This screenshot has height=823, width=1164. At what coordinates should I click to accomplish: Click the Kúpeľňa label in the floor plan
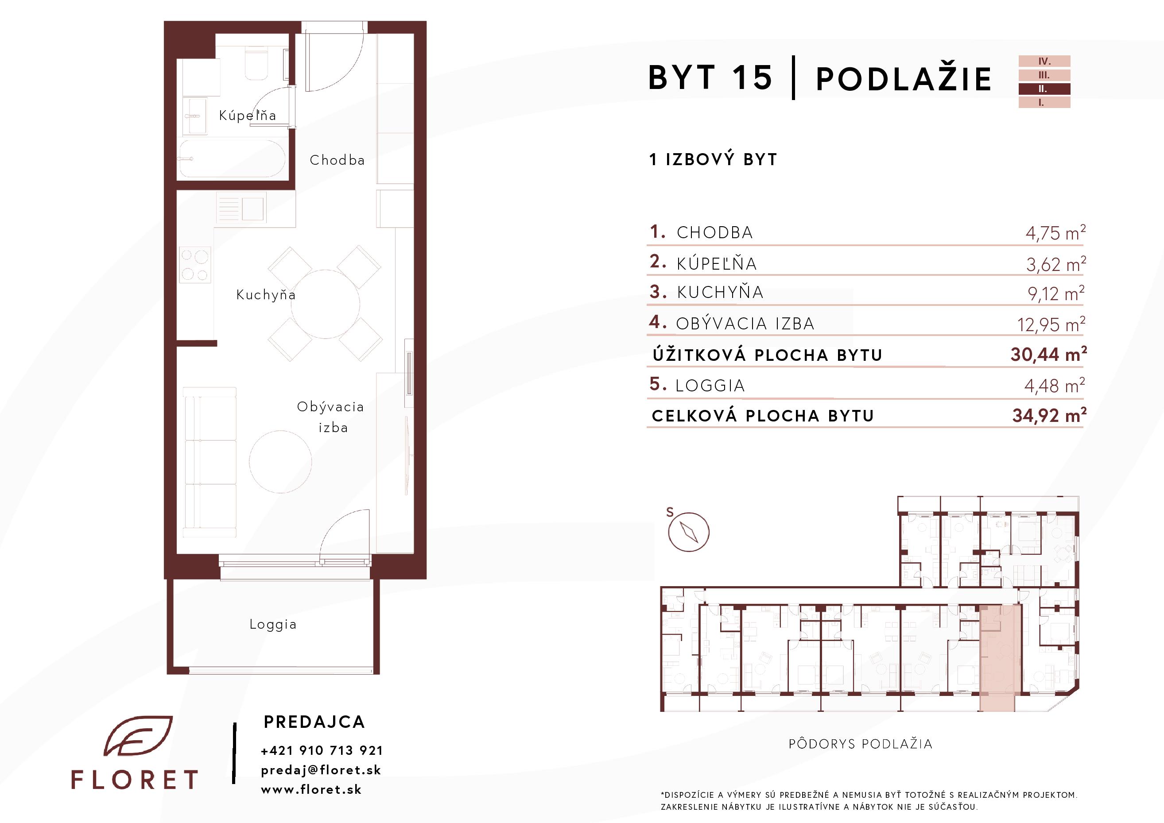point(248,116)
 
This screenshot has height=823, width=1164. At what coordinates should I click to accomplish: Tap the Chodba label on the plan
point(337,160)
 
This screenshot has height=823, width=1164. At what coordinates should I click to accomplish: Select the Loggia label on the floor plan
point(273,624)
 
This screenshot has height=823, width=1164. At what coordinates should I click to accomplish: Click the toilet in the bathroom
point(256,64)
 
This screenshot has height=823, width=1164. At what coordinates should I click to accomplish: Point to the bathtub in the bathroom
point(232,158)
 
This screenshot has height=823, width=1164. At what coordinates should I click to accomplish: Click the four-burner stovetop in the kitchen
point(195,265)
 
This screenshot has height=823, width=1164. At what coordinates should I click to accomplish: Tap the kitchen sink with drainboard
point(241,208)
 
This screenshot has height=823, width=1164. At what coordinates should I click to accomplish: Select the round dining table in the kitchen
point(326,304)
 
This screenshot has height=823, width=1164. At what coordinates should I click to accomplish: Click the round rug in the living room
point(280,462)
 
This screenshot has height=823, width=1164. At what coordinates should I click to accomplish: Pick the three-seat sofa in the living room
point(209,462)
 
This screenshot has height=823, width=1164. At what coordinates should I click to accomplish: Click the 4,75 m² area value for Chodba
point(1055,232)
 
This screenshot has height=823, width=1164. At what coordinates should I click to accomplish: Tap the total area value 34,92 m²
point(1049,416)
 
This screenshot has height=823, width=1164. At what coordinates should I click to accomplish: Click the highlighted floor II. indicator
point(1044,89)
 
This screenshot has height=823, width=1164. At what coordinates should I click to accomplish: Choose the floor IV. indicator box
point(1044,62)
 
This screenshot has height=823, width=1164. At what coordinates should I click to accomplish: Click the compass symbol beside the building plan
point(688,532)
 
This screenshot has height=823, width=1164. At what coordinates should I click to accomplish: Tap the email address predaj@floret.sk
point(321,770)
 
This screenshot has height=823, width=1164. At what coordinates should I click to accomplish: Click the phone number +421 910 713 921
point(322,750)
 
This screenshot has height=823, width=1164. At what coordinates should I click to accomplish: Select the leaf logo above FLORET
point(138,736)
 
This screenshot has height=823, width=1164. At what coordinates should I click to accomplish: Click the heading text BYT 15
point(710,77)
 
